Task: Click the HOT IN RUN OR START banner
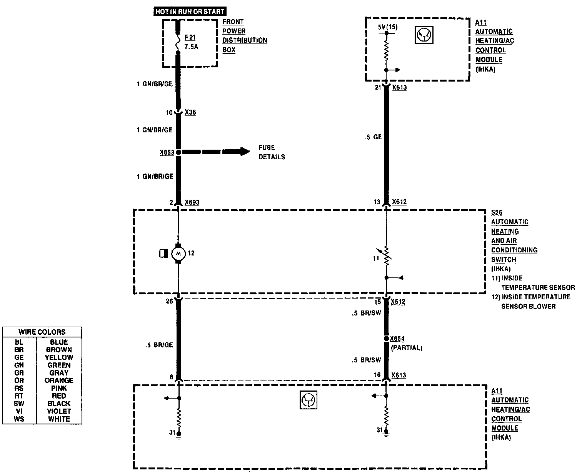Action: coord(190,12)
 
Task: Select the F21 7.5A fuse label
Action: coord(191,42)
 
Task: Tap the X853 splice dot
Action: coord(178,152)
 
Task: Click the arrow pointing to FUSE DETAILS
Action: coord(215,152)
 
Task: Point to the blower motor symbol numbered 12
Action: coord(178,253)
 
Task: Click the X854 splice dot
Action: coord(386,339)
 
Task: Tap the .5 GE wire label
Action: coord(373,137)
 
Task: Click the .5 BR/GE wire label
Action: coord(159,345)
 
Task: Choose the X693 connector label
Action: coord(192,202)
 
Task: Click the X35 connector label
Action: coord(190,112)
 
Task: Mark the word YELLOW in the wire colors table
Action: coord(59,357)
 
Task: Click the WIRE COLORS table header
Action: coord(42,332)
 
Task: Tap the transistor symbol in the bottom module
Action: coord(308,401)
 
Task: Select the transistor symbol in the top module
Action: coord(424,35)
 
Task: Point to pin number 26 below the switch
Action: coord(169,301)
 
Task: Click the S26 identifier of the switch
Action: coord(497,212)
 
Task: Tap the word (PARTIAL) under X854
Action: coord(406,348)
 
